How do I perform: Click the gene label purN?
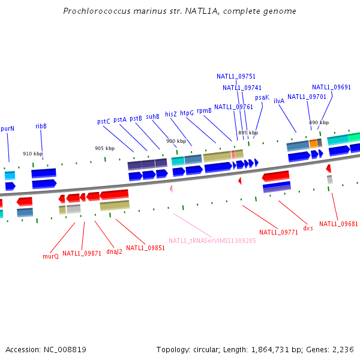(x=8, y=128)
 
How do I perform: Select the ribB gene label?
(x=41, y=126)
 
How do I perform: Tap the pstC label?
(x=104, y=121)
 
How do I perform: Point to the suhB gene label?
(x=152, y=116)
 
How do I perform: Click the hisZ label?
(x=171, y=113)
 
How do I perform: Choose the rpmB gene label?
(x=204, y=110)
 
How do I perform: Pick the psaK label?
(x=262, y=97)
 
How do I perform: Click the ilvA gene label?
(x=279, y=101)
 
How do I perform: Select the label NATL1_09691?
(x=331, y=87)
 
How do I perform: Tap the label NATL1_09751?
(x=236, y=76)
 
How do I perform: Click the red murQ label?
(x=50, y=256)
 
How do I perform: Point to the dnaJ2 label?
(x=114, y=251)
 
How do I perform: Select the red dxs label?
(x=308, y=228)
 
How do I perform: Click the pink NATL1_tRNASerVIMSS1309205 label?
(x=212, y=241)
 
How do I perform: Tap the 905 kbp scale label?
(x=104, y=148)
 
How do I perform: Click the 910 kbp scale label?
(x=32, y=154)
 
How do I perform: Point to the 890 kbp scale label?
(x=319, y=122)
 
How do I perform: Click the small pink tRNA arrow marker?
(x=171, y=188)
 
